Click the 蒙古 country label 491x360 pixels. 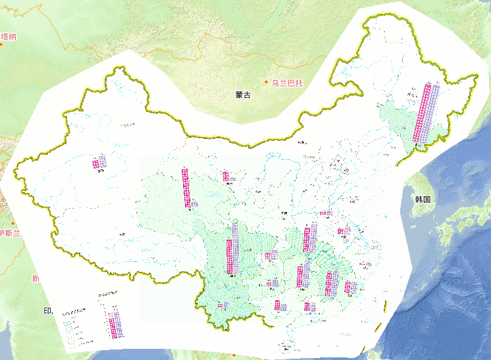[x=243, y=95]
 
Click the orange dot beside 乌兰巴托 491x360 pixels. [x=267, y=82]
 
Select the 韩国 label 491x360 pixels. [x=423, y=199]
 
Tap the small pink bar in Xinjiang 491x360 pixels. [x=96, y=163]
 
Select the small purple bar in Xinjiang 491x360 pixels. [x=103, y=161]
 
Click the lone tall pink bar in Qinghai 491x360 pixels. [x=185, y=187]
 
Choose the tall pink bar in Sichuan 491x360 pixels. [x=229, y=257]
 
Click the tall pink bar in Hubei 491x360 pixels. [x=307, y=239]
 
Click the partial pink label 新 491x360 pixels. [x=35, y=279]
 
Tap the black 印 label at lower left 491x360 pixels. [x=47, y=311]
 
